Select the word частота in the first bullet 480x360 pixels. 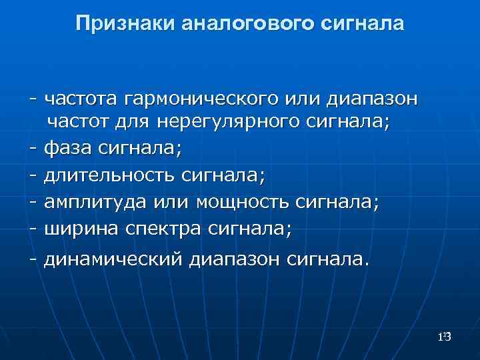81,100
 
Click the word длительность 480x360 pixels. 109,176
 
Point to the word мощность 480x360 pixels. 243,203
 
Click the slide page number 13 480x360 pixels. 445,337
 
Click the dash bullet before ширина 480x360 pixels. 33,229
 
